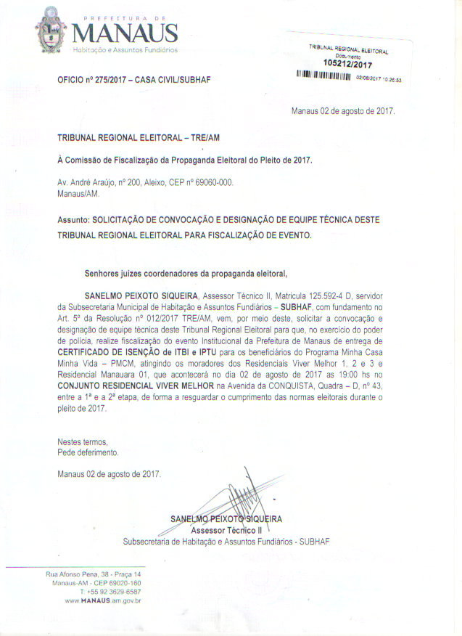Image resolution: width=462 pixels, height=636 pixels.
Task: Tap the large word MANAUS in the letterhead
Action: pyautogui.click(x=125, y=33)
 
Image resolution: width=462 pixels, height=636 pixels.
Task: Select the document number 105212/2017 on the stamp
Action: pyautogui.click(x=348, y=64)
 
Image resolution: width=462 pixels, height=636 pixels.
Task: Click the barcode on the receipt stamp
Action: pyautogui.click(x=324, y=76)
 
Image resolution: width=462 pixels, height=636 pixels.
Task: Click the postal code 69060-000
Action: pyautogui.click(x=215, y=183)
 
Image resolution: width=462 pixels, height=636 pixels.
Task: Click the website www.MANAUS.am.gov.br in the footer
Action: pyautogui.click(x=102, y=600)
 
